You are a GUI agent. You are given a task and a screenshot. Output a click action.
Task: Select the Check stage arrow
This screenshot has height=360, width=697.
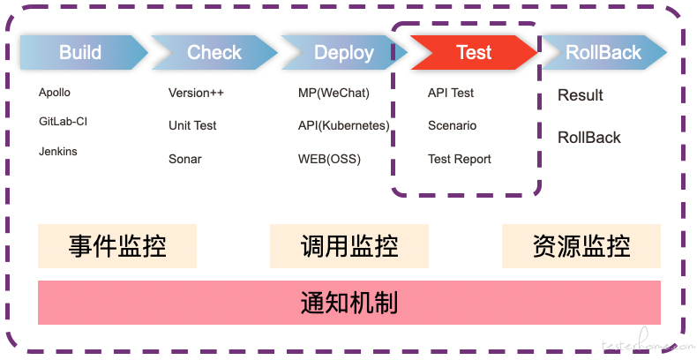[x=214, y=52]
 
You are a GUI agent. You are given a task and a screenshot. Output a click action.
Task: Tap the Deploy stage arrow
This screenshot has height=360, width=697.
[x=344, y=52]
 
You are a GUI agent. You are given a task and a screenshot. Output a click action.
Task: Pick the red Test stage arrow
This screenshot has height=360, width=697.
[x=474, y=52]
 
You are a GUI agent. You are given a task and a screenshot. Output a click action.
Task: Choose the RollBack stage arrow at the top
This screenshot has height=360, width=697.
[x=603, y=52]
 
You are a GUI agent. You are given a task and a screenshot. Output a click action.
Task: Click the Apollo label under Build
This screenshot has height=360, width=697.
[x=54, y=93]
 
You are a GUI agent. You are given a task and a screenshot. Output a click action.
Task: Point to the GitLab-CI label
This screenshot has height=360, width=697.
[x=64, y=122]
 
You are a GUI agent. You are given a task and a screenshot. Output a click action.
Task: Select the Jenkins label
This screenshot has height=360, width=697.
[x=57, y=151]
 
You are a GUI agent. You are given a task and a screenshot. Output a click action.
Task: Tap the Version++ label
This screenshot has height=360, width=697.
[x=196, y=93]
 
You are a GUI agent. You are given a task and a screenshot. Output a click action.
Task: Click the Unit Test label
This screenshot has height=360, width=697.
[x=192, y=126]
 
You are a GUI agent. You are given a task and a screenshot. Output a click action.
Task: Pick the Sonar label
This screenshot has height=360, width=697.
[x=185, y=159]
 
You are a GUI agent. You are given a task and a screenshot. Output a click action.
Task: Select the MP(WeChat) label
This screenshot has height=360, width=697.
[x=334, y=93]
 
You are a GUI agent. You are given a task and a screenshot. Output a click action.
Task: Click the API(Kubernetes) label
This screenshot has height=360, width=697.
[x=343, y=126]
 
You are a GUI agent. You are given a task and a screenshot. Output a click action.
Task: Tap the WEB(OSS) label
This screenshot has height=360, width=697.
[x=329, y=159]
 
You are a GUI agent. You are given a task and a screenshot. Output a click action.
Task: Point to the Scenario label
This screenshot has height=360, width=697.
[x=452, y=126]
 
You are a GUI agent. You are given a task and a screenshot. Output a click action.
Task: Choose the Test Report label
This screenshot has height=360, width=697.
[x=460, y=159]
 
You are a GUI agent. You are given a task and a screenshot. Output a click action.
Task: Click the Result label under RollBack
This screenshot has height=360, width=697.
[x=580, y=95]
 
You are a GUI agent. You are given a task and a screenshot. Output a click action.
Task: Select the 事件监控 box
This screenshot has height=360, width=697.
[x=117, y=246]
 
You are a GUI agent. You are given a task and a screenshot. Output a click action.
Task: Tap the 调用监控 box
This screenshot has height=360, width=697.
[x=349, y=246]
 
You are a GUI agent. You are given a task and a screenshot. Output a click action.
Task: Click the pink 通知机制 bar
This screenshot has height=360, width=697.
[x=349, y=303]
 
